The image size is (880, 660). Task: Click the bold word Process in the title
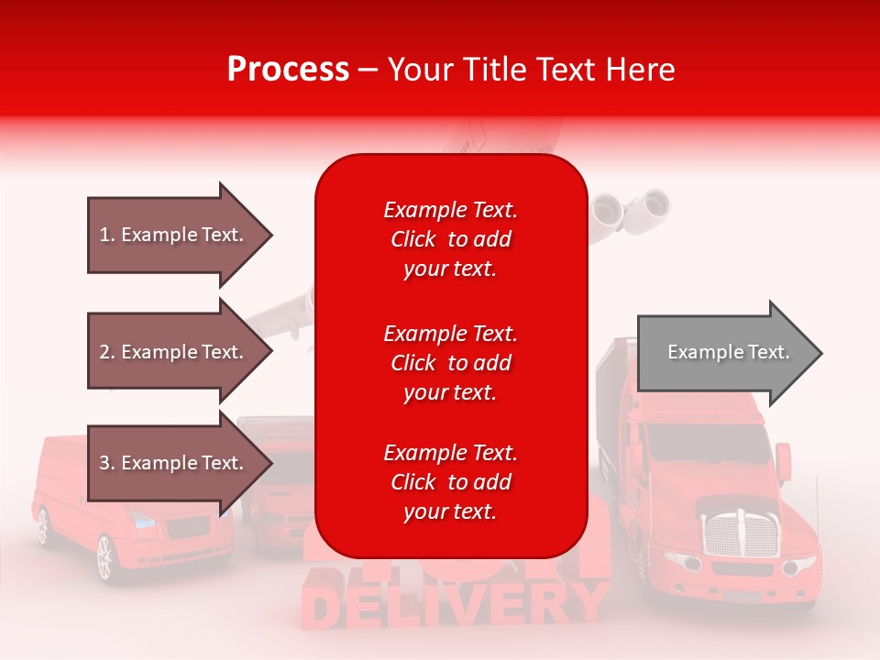[288, 70]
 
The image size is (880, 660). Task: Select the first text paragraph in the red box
[450, 239]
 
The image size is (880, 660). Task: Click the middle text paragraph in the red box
[450, 363]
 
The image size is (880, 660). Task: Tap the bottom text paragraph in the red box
[450, 482]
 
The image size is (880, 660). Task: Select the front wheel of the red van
[104, 556]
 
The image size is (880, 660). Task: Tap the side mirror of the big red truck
[783, 457]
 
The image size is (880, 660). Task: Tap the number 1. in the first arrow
[107, 235]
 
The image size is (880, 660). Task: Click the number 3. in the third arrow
[107, 463]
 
